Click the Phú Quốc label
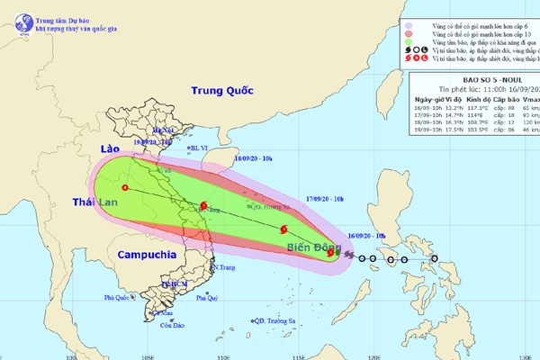(x=119, y=298)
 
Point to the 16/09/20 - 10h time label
(x=365, y=237)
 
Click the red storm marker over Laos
(x=124, y=188)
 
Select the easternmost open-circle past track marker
(x=435, y=260)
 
